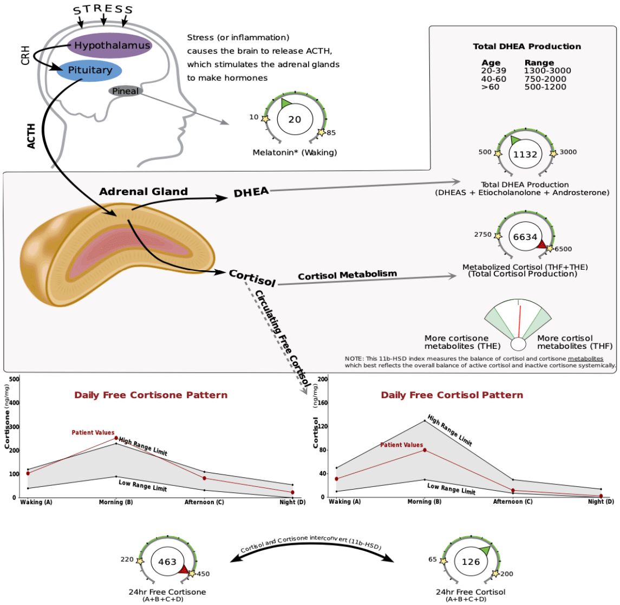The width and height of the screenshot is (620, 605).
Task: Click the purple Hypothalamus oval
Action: [110, 45]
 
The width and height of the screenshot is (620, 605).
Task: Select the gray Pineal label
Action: [125, 91]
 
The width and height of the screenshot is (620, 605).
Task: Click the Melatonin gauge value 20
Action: [295, 119]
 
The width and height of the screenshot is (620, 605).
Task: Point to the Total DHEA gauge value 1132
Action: [525, 154]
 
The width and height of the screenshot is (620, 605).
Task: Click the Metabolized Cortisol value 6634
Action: [525, 237]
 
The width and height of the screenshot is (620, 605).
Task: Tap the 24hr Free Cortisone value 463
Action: [167, 562]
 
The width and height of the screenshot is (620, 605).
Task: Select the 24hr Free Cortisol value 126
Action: [471, 562]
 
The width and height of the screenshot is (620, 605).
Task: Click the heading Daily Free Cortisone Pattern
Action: [151, 395]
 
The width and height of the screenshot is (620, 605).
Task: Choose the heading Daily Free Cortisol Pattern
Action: [452, 395]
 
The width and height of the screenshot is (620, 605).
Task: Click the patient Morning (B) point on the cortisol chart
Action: [425, 450]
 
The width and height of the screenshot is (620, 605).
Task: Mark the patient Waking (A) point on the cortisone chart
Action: [28, 473]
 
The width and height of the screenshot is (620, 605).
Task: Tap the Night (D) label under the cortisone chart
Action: [292, 502]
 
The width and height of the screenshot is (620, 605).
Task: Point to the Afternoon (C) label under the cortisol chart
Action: [512, 502]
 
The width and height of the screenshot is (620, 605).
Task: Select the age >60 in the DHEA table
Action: [490, 87]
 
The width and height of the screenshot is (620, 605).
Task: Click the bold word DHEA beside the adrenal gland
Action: [251, 192]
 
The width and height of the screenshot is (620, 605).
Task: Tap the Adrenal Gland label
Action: [143, 192]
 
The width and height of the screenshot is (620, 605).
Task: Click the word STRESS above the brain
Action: [103, 10]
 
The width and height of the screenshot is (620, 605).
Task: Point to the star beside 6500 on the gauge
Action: [550, 249]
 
